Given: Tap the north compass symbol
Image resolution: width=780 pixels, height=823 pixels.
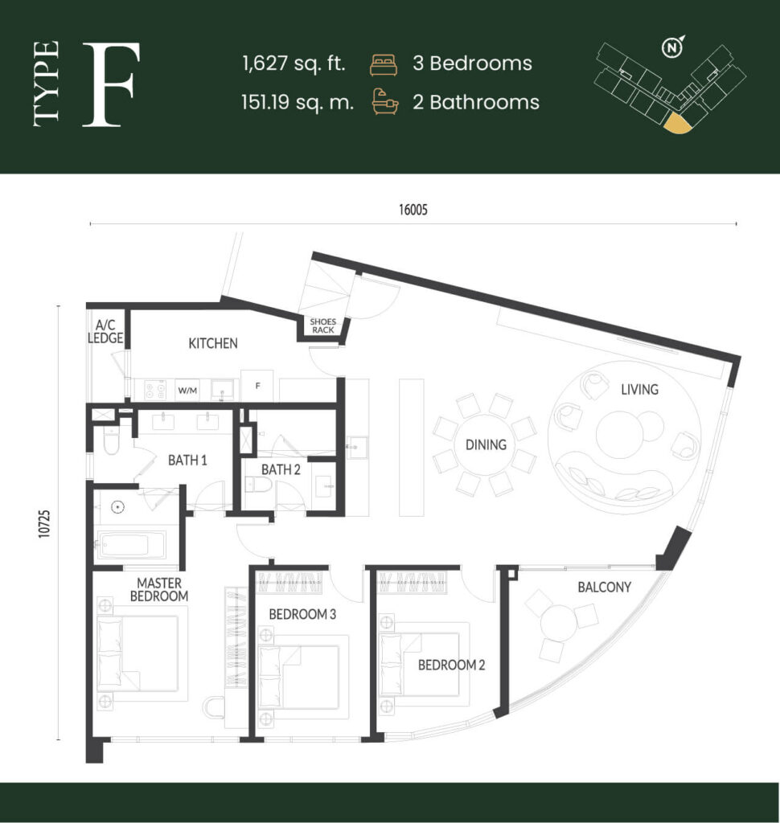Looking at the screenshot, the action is [671, 47].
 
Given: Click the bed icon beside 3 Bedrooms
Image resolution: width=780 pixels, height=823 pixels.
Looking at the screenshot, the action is [384, 64].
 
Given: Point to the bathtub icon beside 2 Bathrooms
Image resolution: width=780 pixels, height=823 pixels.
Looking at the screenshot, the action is [385, 101].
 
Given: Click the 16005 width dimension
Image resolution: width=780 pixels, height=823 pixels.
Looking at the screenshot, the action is [413, 210].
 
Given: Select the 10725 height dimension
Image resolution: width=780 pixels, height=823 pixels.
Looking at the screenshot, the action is [45, 523].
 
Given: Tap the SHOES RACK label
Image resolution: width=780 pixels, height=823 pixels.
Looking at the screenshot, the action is [323, 326].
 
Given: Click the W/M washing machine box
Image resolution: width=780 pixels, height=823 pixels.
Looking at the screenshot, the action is [187, 390].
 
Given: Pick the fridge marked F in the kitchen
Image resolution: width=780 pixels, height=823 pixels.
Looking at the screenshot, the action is [257, 386].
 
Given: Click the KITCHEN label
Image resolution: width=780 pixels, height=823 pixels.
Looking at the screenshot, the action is [213, 343].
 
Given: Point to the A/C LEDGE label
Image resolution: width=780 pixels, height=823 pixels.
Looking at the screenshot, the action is [105, 332].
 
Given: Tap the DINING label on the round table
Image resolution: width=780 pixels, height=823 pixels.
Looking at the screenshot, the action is [486, 445].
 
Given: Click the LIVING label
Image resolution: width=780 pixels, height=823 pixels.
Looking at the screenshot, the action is [639, 390].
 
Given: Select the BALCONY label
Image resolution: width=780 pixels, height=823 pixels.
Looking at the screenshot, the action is [604, 587].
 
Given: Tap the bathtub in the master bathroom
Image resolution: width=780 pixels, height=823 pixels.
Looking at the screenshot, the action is [132, 546].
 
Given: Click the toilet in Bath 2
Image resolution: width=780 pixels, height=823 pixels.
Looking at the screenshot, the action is [258, 486].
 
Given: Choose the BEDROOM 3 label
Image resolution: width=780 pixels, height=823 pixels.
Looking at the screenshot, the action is [302, 614].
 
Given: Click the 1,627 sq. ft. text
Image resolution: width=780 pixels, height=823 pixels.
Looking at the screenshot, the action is [294, 63].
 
